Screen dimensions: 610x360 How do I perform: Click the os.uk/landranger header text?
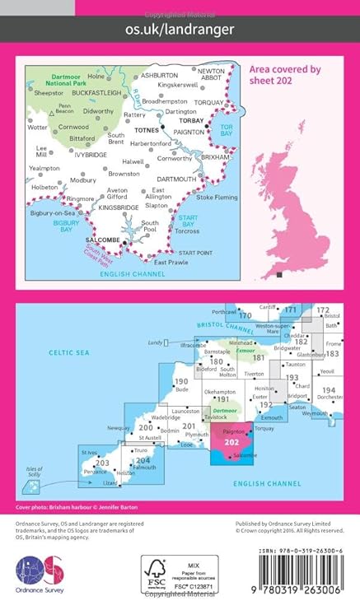coord(180,29)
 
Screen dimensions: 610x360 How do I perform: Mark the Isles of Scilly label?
coord(31,469)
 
